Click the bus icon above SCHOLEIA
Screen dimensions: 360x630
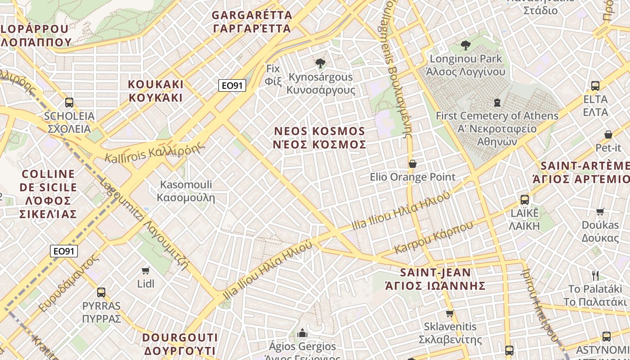tap(69, 102)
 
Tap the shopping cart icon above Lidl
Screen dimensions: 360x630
tap(145, 270)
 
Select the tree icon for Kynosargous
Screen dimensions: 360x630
tap(320, 63)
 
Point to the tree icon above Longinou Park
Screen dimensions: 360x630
tap(465, 45)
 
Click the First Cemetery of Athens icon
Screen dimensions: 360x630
tap(497, 103)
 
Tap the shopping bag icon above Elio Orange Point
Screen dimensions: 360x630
tap(412, 164)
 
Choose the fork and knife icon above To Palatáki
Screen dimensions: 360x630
tap(595, 275)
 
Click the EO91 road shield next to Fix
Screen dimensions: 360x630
tap(232, 85)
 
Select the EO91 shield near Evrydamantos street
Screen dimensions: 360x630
tap(64, 251)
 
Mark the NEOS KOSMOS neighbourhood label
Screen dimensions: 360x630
tap(320, 138)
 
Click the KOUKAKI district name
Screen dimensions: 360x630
tap(156, 91)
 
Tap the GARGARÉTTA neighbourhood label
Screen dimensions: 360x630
tap(252, 22)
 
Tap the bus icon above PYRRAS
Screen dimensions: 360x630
tap(101, 292)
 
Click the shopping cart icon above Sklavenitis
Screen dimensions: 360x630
tap(449, 313)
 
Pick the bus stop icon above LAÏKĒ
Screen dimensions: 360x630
tap(524, 199)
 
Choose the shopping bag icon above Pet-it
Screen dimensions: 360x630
tap(608, 135)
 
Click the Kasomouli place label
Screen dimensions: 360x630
tap(186, 191)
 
